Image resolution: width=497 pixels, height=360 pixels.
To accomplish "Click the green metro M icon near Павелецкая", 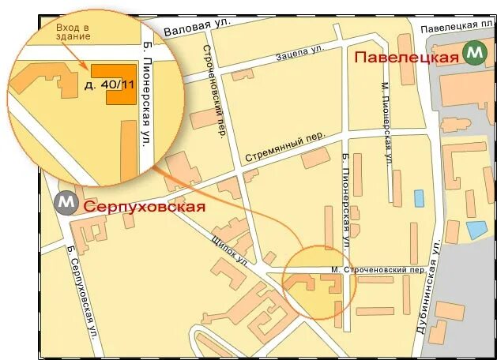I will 475,53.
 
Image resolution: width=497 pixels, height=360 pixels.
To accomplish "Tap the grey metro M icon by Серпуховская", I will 66,203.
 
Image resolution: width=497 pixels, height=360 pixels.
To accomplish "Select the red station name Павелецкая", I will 406,57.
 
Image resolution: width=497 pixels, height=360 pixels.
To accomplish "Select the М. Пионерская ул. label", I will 386,120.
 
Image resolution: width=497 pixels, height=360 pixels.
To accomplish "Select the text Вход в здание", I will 73,32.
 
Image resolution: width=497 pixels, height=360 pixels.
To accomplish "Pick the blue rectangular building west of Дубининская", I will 418,197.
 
